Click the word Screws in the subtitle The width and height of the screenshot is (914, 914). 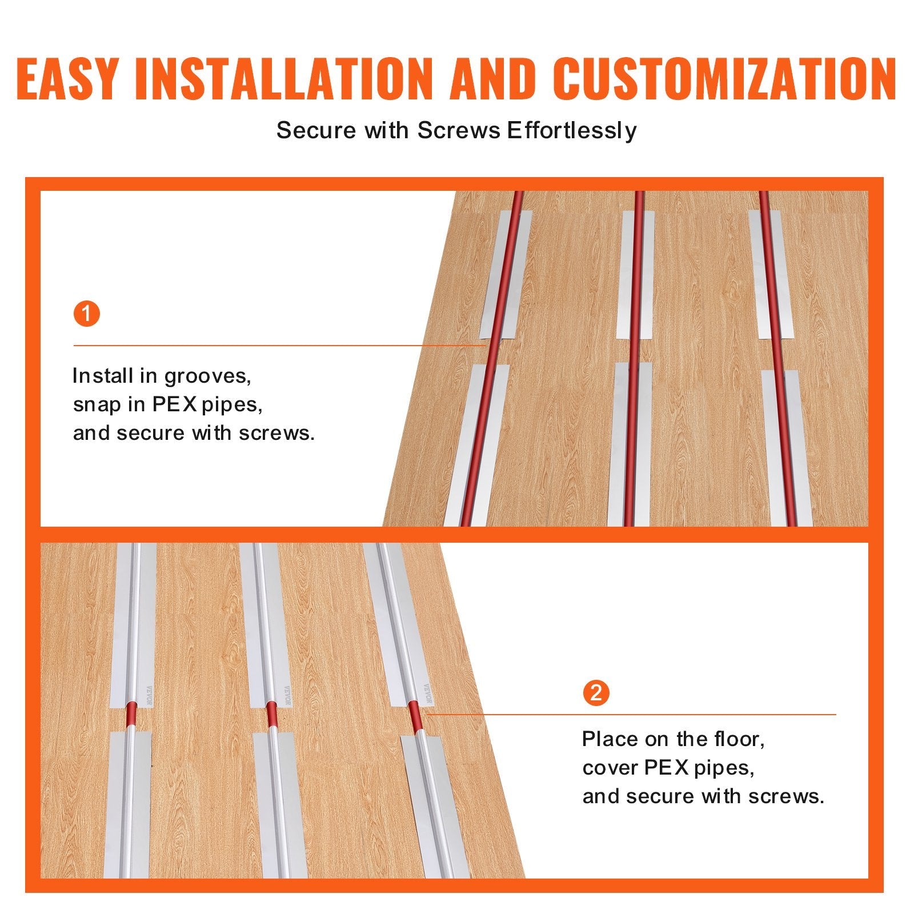[x=458, y=131]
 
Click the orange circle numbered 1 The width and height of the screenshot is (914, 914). [x=87, y=315]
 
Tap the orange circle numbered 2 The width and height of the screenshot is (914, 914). [x=596, y=693]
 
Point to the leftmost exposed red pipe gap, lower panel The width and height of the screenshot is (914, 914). [x=131, y=717]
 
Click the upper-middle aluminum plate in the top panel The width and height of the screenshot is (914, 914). [x=636, y=274]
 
